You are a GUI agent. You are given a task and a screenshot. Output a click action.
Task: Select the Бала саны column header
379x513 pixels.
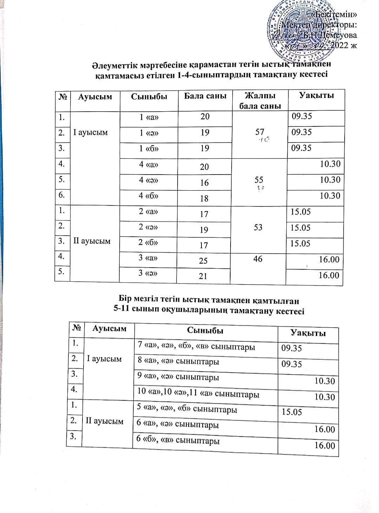pos(205,96)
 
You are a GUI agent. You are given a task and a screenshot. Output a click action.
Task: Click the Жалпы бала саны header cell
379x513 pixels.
pos(260,100)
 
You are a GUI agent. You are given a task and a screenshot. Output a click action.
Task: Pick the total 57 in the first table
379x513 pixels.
pos(260,132)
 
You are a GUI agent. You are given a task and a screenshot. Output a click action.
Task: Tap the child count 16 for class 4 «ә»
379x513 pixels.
pos(204,183)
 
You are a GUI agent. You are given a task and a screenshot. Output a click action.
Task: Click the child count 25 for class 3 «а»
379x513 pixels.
pos(203,261)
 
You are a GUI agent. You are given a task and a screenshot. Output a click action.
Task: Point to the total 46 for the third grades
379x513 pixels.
pos(258,259)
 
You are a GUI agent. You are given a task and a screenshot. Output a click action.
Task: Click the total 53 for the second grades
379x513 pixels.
pos(258,228)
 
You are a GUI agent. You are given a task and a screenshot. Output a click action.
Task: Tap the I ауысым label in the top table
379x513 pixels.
pos(91,132)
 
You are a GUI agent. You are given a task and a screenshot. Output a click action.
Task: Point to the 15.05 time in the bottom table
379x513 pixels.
pos(292,412)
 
